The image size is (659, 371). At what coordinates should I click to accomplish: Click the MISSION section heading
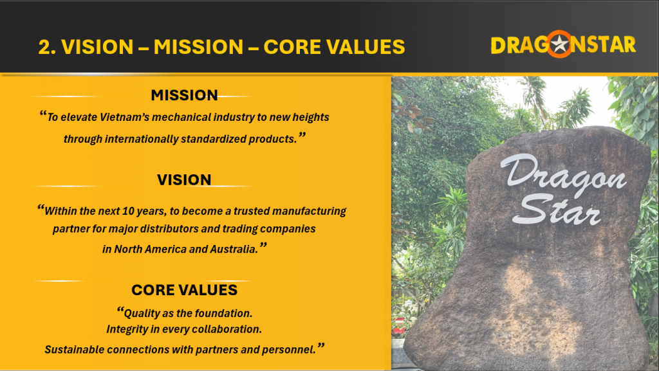click(184, 95)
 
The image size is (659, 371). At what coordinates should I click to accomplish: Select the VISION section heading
click(184, 180)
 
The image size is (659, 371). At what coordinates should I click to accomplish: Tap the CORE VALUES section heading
click(184, 290)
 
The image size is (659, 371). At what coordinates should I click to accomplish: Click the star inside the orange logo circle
click(559, 44)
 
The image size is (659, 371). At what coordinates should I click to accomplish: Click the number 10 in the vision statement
click(128, 211)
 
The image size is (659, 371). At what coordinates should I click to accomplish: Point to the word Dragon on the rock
click(563, 173)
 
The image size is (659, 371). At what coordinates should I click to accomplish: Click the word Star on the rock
click(557, 210)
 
